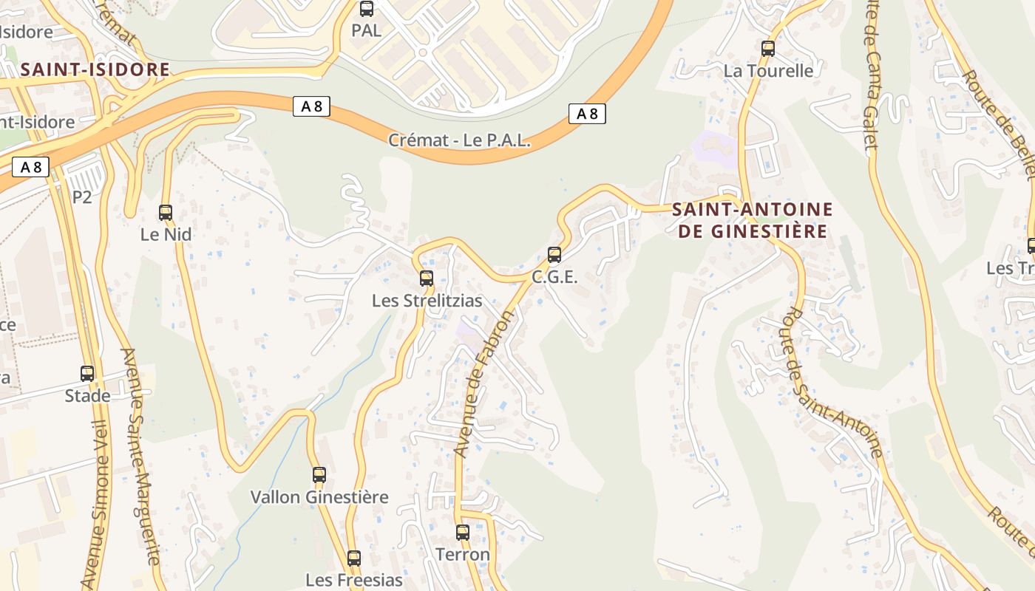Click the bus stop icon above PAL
click(x=366, y=9)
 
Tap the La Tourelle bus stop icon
click(x=768, y=49)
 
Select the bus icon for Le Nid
click(x=166, y=213)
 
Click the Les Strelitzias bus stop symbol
click(x=427, y=279)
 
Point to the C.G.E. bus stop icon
click(x=554, y=255)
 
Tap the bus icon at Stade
click(x=87, y=374)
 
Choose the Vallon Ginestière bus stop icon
click(x=319, y=475)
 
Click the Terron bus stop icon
click(x=463, y=532)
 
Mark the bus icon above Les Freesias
click(x=354, y=558)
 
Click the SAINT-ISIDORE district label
click(x=95, y=70)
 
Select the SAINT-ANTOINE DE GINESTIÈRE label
click(x=753, y=220)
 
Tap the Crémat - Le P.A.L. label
click(x=460, y=140)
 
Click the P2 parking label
click(x=82, y=197)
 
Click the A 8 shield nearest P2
click(x=30, y=168)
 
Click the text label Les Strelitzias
click(x=427, y=301)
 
